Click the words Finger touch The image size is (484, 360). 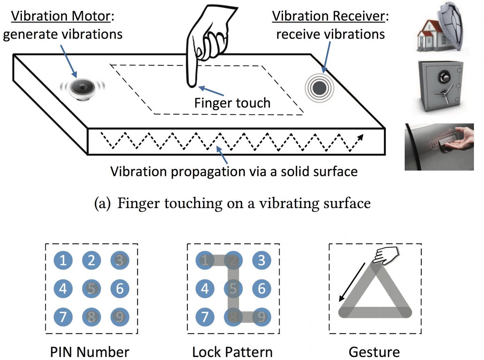232,103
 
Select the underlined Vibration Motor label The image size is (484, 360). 61,16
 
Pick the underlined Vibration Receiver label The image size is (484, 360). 328,16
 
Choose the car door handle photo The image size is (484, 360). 439,147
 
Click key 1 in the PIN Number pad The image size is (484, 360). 63,260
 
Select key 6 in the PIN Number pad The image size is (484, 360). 120,288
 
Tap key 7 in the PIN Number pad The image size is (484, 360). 63,317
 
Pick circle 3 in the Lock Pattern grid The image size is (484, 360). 261,260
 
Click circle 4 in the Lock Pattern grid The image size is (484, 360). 205,288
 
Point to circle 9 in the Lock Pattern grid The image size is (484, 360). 261,317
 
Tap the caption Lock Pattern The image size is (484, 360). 232,352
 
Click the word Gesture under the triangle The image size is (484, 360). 374,352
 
